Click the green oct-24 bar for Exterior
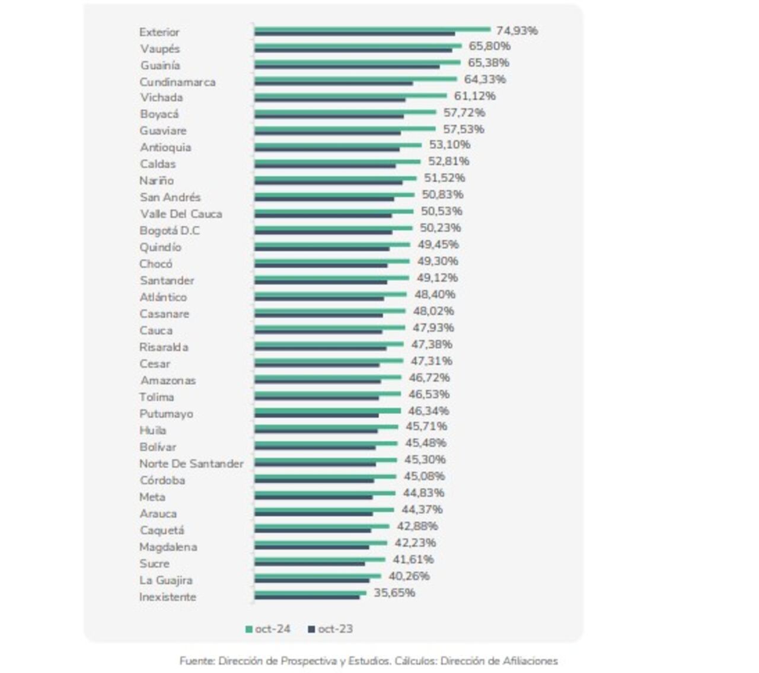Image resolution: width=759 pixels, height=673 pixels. [x=372, y=28]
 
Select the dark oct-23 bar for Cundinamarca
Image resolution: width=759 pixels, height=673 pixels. [x=333, y=84]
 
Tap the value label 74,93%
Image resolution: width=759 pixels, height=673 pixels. [x=516, y=31]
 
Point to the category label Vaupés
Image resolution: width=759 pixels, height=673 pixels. [x=160, y=49]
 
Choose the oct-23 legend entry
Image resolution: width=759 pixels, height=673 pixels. [x=330, y=629]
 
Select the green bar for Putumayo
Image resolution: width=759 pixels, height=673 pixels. [x=327, y=410]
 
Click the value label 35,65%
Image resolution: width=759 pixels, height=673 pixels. [x=394, y=593]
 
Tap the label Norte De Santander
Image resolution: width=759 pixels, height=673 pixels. [x=191, y=464]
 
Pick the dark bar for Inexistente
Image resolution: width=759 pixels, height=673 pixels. [x=307, y=597]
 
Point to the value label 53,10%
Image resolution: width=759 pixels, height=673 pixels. [x=449, y=145]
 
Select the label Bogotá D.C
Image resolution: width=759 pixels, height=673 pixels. [x=169, y=231]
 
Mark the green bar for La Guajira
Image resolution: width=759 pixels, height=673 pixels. [x=317, y=575]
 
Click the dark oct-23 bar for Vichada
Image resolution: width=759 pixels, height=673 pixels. [x=330, y=100]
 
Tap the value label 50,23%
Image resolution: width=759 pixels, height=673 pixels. [x=440, y=228]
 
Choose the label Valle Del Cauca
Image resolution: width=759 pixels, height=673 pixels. [x=181, y=214]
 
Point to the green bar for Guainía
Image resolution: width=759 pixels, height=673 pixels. [x=357, y=62]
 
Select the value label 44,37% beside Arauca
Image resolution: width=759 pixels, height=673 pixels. [x=422, y=510]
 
